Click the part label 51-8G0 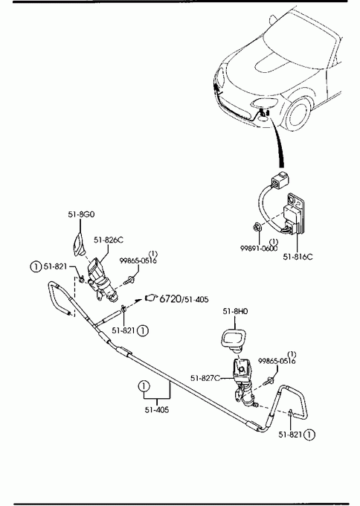pyautogui.click(x=81, y=214)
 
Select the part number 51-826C pyautogui.click(x=109, y=240)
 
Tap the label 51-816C pyautogui.click(x=298, y=257)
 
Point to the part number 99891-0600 pyautogui.click(x=259, y=248)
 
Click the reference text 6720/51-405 pyautogui.click(x=184, y=299)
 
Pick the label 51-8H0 pyautogui.click(x=235, y=311)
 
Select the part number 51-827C pyautogui.click(x=205, y=378)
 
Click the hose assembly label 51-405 pyautogui.click(x=157, y=410)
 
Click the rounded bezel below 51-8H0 pyautogui.click(x=233, y=339)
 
